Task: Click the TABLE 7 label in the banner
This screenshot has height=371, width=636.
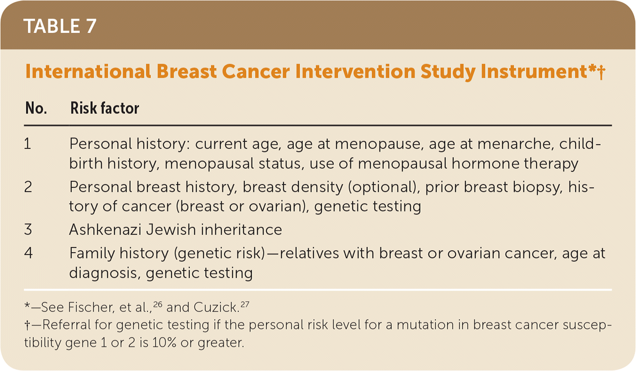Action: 60,26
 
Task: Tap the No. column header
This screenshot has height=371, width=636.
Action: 36,108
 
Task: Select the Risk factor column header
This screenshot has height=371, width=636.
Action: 105,108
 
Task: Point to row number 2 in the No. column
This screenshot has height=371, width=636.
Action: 28,187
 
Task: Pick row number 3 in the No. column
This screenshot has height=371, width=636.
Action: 28,229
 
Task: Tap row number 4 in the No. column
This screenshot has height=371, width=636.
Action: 28,253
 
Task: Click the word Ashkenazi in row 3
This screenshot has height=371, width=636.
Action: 105,229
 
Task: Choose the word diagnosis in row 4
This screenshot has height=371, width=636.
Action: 105,273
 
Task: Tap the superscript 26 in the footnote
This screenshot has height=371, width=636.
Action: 158,304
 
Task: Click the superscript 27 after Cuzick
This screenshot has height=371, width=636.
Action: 245,304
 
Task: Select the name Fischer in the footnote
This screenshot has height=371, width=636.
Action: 91,307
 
